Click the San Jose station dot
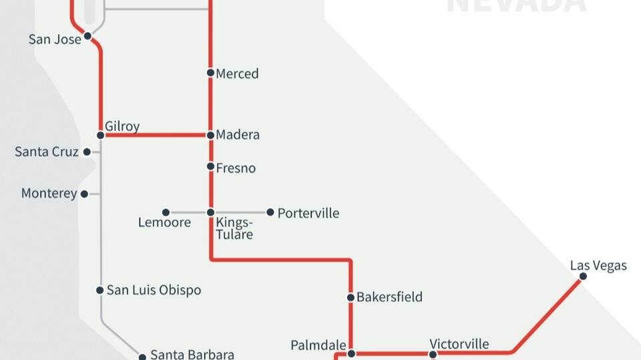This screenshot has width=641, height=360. (87, 36)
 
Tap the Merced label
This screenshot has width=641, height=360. (237, 73)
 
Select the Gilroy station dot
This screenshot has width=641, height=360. (101, 135)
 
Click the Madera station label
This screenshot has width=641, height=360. (238, 135)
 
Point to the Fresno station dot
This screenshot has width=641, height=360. (210, 166)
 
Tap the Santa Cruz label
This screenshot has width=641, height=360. (47, 152)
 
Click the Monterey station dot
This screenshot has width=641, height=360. (84, 194)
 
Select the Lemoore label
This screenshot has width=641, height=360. (164, 222)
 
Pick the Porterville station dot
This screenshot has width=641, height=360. (270, 212)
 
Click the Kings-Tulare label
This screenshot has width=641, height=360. (234, 228)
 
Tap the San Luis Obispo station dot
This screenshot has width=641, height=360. (100, 290)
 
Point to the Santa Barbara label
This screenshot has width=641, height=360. (192, 354)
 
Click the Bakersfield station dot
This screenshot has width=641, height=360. (351, 297)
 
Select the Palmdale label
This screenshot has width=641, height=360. (318, 345)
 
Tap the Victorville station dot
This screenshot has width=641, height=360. (433, 354)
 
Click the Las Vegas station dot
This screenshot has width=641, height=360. (583, 277)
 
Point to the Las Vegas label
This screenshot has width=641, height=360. (598, 265)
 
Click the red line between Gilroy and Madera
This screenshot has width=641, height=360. (156, 135)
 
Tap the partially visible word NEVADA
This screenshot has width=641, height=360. (516, 5)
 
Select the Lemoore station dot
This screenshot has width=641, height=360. (166, 212)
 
